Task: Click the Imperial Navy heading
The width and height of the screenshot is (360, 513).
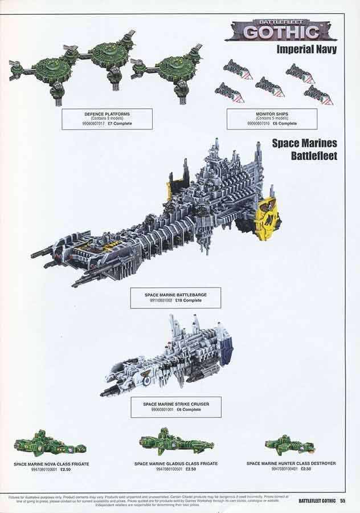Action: point(306,49)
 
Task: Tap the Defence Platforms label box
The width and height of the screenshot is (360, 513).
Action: point(107,119)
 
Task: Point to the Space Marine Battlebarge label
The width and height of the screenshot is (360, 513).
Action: point(175,298)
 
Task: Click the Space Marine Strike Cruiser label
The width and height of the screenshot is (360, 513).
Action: point(175,406)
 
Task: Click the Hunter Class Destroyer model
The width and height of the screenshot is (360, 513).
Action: point(291,443)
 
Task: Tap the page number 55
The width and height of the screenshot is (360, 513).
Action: point(342,501)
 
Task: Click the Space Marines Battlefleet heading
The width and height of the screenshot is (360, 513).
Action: point(304,149)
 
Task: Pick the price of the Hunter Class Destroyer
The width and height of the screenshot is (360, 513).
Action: point(305,469)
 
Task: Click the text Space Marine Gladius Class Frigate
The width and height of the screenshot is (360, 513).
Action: point(176,464)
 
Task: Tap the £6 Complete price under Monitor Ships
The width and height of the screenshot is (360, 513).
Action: point(284,123)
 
